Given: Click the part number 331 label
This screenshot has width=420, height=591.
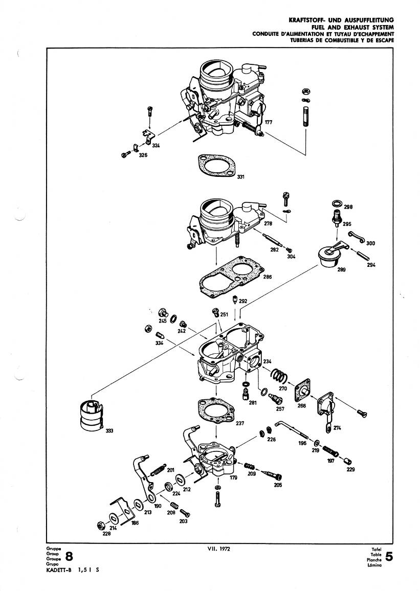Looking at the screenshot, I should [x=240, y=177].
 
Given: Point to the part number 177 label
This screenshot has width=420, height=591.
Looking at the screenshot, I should [x=269, y=123].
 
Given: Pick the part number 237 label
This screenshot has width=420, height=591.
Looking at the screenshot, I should [x=240, y=423].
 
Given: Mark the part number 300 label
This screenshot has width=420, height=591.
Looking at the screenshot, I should [x=371, y=243].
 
